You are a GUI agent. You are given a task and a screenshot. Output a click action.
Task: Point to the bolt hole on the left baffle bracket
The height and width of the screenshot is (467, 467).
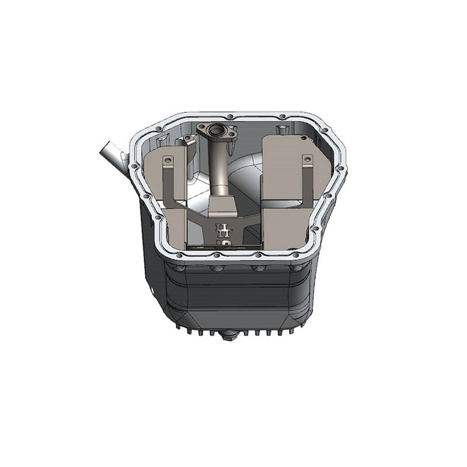click(x=168, y=159)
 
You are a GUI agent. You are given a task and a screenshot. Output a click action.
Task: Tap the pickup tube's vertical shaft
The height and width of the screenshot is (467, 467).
click(x=221, y=169)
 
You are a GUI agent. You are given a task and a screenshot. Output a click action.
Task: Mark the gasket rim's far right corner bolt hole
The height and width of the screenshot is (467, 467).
click(x=340, y=169)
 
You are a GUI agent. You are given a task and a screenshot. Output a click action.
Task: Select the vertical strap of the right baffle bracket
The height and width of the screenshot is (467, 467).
click(x=308, y=181)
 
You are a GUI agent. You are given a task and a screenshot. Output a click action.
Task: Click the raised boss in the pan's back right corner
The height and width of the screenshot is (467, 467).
click(x=283, y=127)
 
